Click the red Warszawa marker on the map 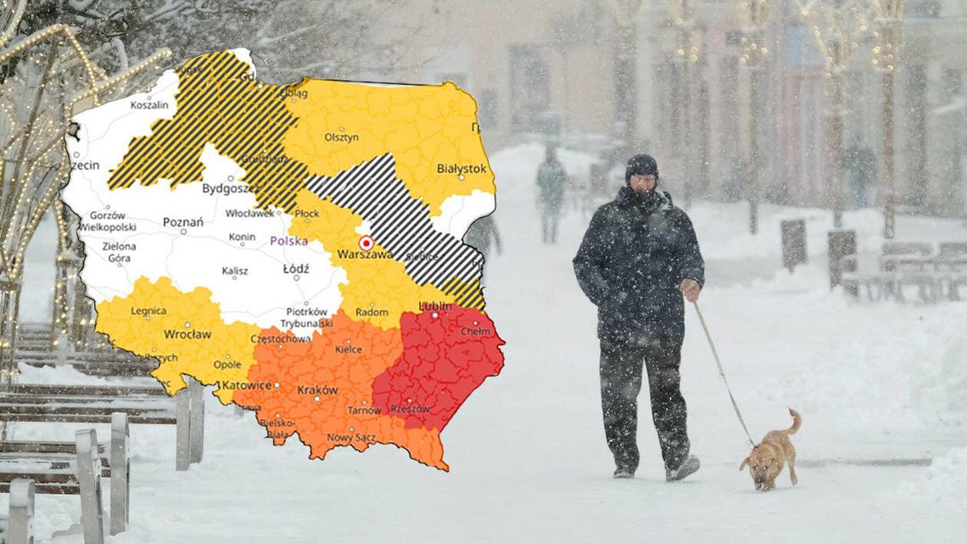tap(366, 243)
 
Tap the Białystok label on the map tap(461, 169)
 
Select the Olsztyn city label tap(341, 137)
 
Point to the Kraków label tap(317, 390)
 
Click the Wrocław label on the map tap(187, 334)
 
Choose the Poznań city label tap(182, 222)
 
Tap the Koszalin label tap(149, 105)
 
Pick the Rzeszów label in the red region tap(410, 408)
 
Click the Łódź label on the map tap(296, 269)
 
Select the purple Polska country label tap(288, 241)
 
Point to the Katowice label tap(246, 385)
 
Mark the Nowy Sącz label tap(351, 437)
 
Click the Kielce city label tap(348, 349)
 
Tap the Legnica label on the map tap(148, 311)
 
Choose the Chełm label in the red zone tap(475, 331)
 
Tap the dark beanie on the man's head tap(641, 165)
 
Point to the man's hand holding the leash tap(690, 290)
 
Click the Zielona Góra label tap(119, 251)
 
